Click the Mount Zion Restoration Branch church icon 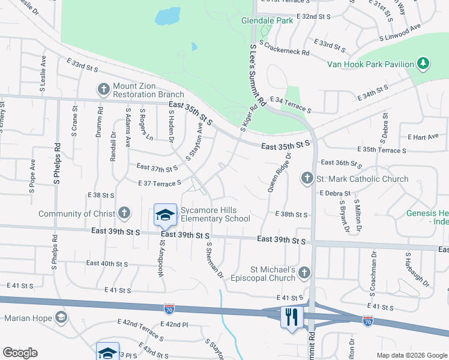(x=104, y=89)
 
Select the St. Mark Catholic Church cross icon (x=307, y=178)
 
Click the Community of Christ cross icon (x=124, y=214)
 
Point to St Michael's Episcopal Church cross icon (x=304, y=274)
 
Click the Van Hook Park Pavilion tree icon (x=423, y=64)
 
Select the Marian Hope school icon (x=61, y=317)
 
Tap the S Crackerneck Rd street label (x=285, y=46)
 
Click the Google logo (x=20, y=353)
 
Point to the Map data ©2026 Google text (x=411, y=355)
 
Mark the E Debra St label (x=335, y=193)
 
